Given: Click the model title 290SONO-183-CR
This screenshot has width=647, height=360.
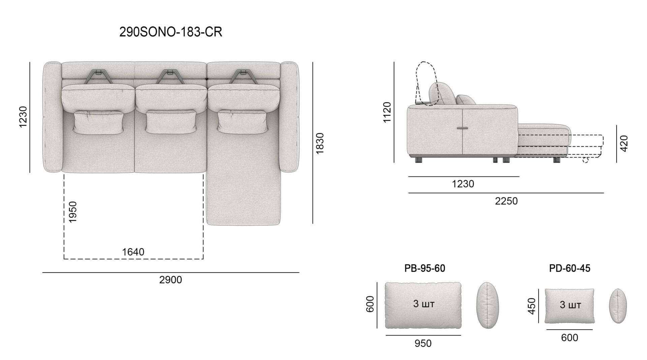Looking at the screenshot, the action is [171, 32].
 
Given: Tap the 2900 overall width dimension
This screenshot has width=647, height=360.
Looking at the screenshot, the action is [171, 280].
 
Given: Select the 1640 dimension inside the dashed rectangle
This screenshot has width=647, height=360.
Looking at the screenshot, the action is [133, 252].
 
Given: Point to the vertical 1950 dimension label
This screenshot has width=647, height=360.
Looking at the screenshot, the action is [72, 212].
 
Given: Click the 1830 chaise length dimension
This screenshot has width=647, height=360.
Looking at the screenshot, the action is [320, 143].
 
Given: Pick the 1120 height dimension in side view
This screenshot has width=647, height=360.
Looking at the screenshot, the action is [387, 112].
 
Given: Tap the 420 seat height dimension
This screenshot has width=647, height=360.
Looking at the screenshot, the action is [624, 143].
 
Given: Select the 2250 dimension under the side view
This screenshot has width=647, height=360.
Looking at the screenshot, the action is [506, 201].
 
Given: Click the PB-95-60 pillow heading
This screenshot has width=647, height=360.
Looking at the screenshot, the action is [425, 268].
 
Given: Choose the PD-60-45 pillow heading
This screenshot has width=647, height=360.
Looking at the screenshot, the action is [569, 268].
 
